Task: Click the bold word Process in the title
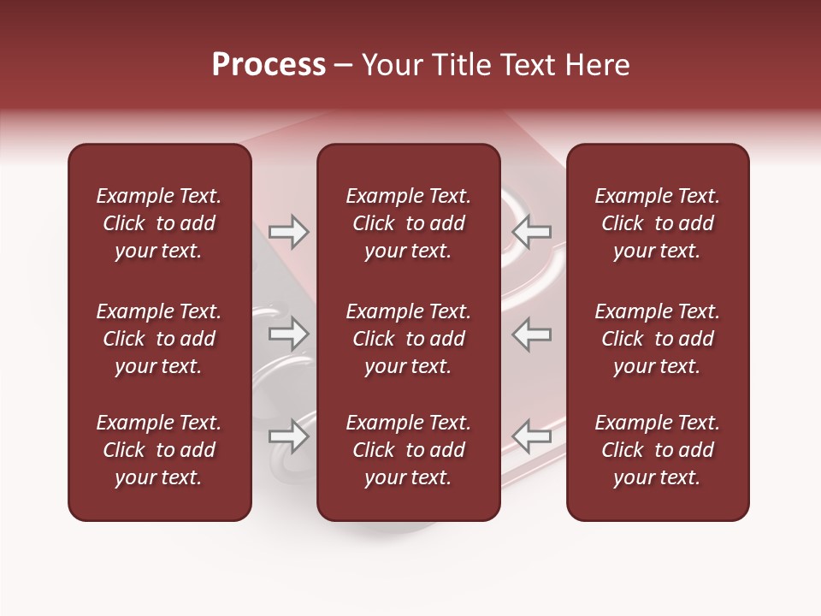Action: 269,65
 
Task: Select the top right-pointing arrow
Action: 288,232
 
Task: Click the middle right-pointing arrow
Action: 288,334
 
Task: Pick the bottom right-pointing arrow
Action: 288,436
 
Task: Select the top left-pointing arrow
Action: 532,232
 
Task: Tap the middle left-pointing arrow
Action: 532,334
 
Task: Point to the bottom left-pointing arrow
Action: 532,436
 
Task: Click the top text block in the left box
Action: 159,223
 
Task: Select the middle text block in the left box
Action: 159,339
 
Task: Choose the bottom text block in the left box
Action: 159,450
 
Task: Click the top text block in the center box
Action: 408,223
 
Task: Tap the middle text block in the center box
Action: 408,339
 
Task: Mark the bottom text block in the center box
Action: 408,450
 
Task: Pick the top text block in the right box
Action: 657,223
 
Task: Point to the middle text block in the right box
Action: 657,339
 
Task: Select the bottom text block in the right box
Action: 657,450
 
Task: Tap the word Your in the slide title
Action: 390,65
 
